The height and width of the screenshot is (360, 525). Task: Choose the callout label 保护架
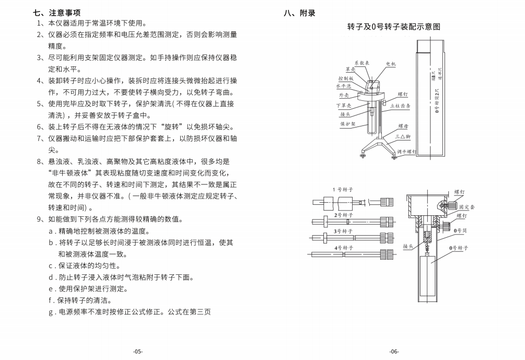tap(347, 124)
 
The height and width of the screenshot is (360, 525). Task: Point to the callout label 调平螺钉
tap(406, 152)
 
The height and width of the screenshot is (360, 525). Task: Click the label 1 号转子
tap(343, 189)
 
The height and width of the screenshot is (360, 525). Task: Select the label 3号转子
tap(343, 231)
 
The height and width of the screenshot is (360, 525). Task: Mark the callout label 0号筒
tap(461, 230)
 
